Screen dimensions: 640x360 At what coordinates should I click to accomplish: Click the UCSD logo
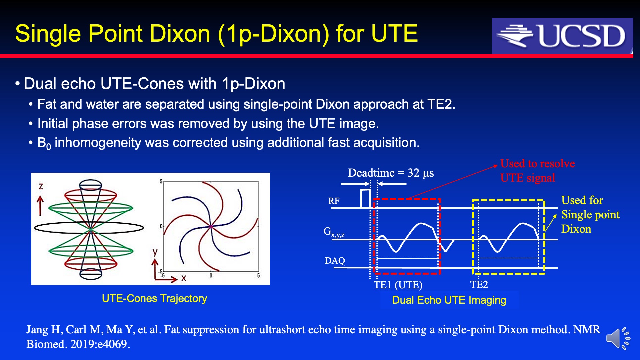[x=562, y=36]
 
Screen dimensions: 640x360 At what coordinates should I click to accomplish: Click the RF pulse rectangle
[x=366, y=199]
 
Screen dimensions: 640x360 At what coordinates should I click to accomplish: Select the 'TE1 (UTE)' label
[x=398, y=285]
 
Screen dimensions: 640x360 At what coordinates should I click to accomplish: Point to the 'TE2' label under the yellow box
[x=479, y=284]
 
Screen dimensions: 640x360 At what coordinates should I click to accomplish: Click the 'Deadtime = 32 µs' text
[x=391, y=173]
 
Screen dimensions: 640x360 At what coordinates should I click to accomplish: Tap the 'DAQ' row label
[x=335, y=261]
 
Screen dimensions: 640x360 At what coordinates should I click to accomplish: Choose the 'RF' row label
[x=334, y=201]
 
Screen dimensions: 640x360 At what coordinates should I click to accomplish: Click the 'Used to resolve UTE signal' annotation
[x=537, y=171]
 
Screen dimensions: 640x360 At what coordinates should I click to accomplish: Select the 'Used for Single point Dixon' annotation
[x=590, y=214]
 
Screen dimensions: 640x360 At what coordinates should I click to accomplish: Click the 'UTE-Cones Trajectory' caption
[x=154, y=298]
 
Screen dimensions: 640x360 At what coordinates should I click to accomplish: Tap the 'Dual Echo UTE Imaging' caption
[x=449, y=300]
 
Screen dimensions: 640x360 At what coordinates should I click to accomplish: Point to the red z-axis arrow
[x=40, y=206]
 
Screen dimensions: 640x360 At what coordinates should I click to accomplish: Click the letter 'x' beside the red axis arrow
[x=183, y=278]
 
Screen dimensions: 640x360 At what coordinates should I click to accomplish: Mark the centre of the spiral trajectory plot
[x=211, y=227]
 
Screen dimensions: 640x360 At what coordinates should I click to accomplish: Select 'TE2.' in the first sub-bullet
[x=441, y=104]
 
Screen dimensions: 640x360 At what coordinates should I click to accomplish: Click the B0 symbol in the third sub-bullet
[x=44, y=143]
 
